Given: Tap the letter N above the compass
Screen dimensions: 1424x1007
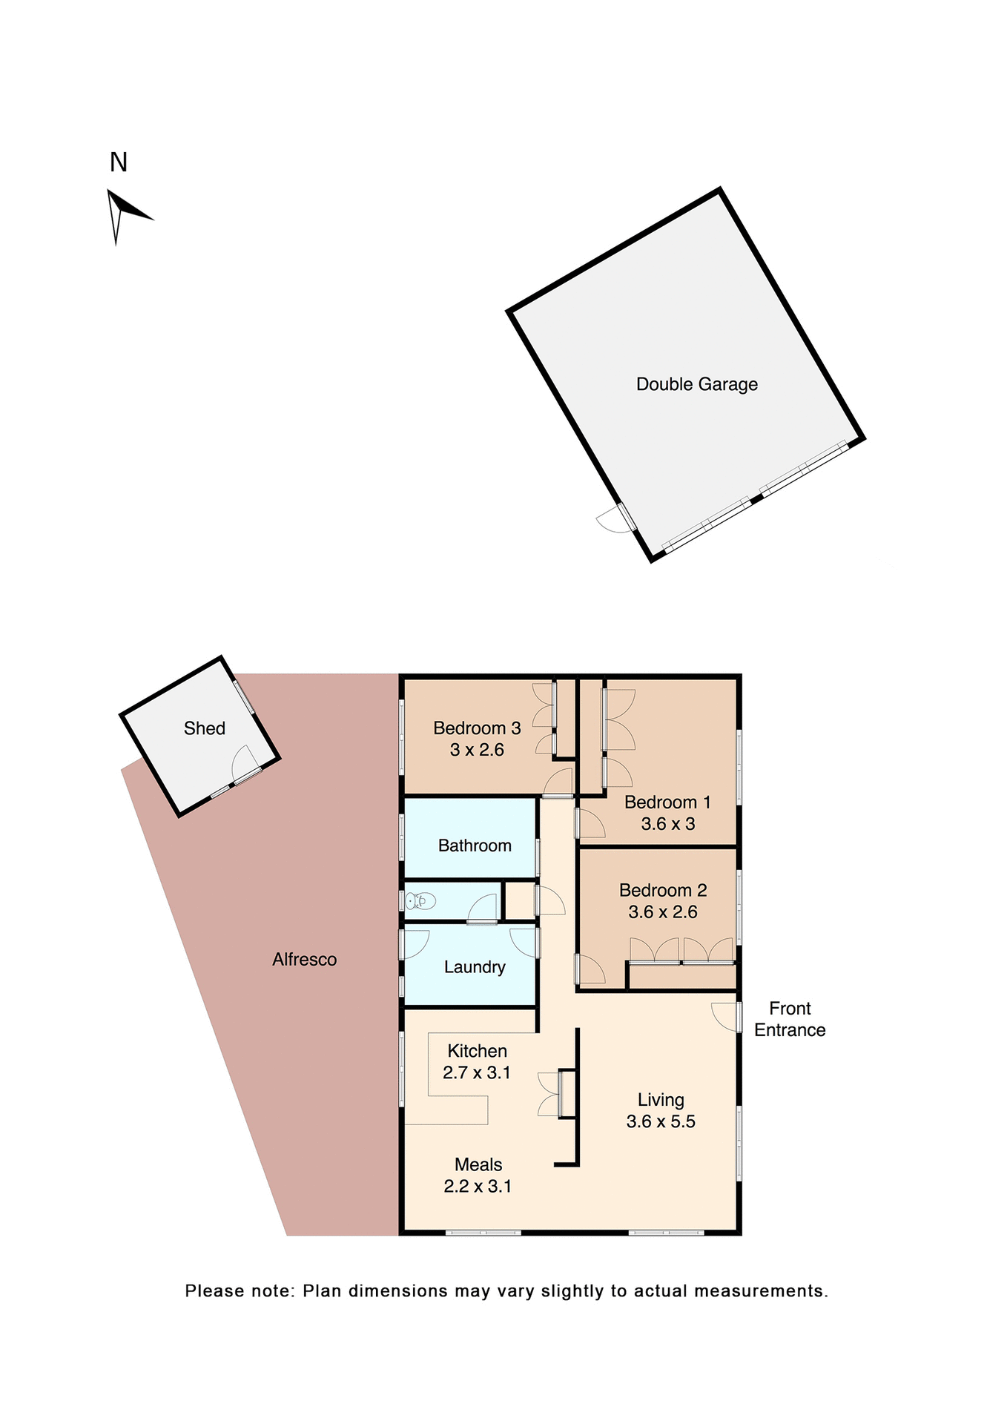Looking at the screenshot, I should point(119,162).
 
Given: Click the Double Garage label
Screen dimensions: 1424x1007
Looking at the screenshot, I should point(696,384).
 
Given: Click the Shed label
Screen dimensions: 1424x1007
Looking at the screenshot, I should point(204,728).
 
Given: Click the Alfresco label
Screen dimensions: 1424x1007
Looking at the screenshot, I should point(304,960).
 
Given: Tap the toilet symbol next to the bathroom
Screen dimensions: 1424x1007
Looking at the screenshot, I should point(420,901).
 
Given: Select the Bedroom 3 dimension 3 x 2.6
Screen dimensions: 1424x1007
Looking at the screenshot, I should point(477,750).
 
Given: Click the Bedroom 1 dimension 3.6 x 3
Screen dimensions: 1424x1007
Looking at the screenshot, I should point(667,824).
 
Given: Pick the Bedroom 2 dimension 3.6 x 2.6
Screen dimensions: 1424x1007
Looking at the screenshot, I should point(662,912).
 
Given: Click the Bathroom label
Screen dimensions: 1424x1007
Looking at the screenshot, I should point(475,845).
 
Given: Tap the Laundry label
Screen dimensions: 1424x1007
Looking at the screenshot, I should point(475,967).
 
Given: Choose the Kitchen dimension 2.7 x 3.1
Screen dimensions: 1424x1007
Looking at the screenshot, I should point(476,1072).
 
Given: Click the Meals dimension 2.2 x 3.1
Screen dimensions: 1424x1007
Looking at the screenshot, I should point(477,1186).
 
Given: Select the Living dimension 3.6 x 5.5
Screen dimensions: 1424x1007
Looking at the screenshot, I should point(660,1121).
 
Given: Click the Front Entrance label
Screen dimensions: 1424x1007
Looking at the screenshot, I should point(789,1019).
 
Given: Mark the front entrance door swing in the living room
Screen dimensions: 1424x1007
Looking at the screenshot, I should point(724,1016).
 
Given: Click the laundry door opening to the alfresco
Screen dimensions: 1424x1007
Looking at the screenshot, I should point(415,944).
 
